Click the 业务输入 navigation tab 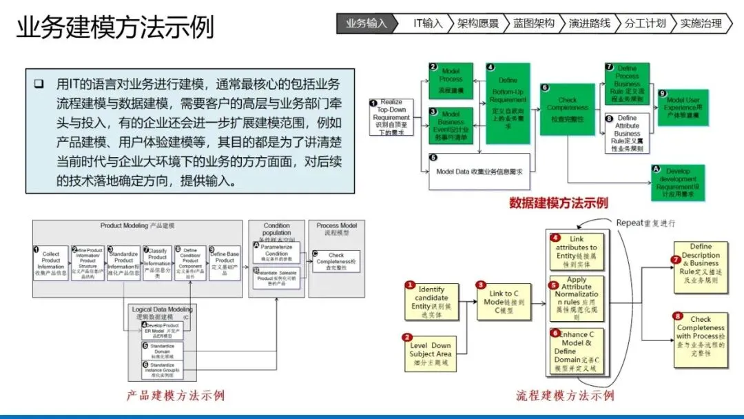366,23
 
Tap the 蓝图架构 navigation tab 533,23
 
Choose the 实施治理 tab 701,23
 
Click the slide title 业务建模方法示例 115,28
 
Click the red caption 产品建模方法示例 175,395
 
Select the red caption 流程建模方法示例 565,396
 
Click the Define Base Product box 225,263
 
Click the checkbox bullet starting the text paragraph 39,84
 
